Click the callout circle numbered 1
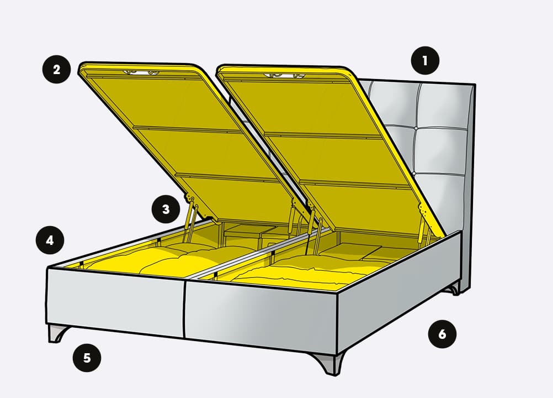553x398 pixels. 425,60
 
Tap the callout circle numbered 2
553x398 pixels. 56,70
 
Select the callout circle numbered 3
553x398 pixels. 166,209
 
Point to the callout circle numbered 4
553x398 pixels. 50,240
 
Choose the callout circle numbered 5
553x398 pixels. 87,358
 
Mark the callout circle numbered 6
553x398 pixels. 442,334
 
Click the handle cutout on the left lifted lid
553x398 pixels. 141,73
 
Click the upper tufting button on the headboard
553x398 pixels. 416,128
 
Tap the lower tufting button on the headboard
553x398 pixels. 414,174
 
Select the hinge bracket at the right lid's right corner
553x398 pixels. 425,212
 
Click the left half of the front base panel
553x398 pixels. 115,301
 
